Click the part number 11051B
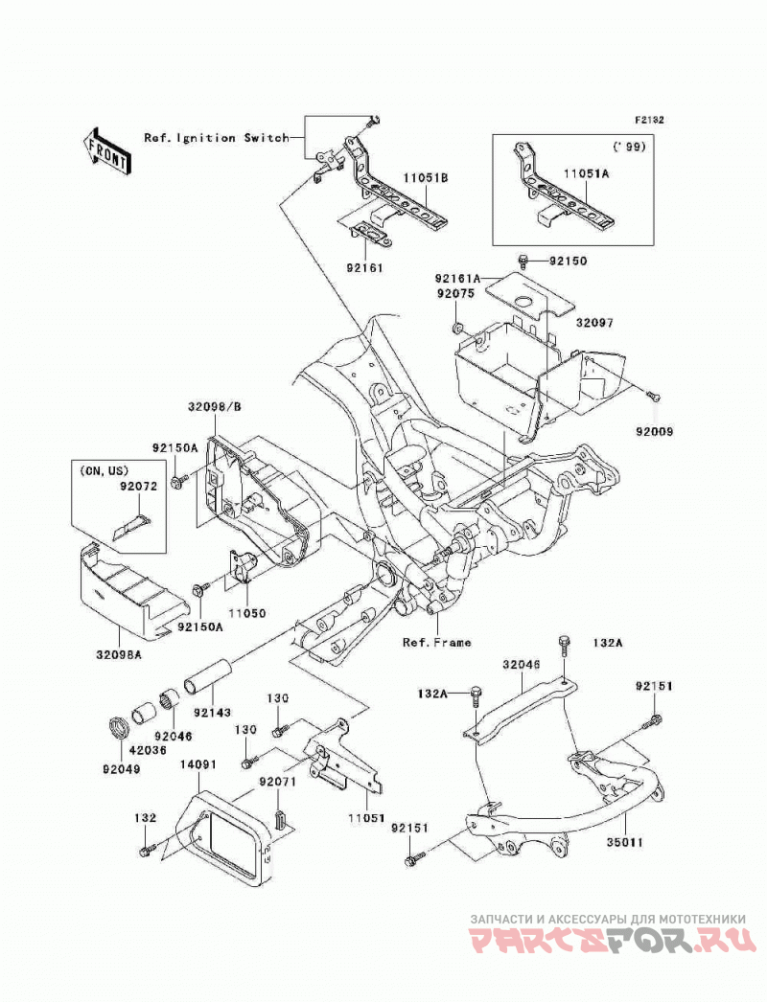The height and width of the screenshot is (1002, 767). [426, 178]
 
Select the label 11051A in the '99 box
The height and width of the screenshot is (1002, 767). [586, 172]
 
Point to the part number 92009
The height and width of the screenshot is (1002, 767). [654, 432]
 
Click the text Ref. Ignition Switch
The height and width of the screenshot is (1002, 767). [217, 137]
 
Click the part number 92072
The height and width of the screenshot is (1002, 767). [137, 487]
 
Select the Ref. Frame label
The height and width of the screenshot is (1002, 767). [437, 642]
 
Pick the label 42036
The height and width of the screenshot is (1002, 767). [149, 750]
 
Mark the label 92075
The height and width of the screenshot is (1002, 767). [456, 294]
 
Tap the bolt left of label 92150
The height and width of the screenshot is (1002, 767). [523, 260]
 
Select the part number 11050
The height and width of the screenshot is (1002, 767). [249, 613]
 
